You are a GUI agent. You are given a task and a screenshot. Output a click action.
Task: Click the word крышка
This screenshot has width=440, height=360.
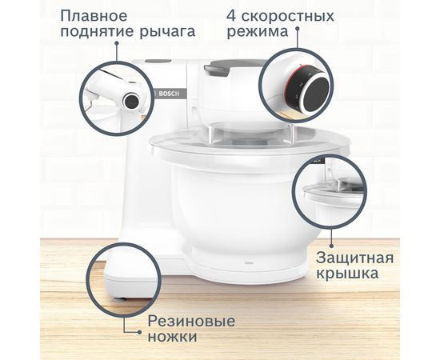[x=347, y=277]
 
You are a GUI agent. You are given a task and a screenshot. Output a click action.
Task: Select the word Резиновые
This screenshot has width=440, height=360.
[x=191, y=321]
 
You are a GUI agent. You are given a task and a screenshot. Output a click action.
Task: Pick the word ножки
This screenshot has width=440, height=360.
[x=172, y=338]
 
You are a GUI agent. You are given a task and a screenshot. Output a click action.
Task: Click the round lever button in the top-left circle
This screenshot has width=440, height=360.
[x=130, y=100]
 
